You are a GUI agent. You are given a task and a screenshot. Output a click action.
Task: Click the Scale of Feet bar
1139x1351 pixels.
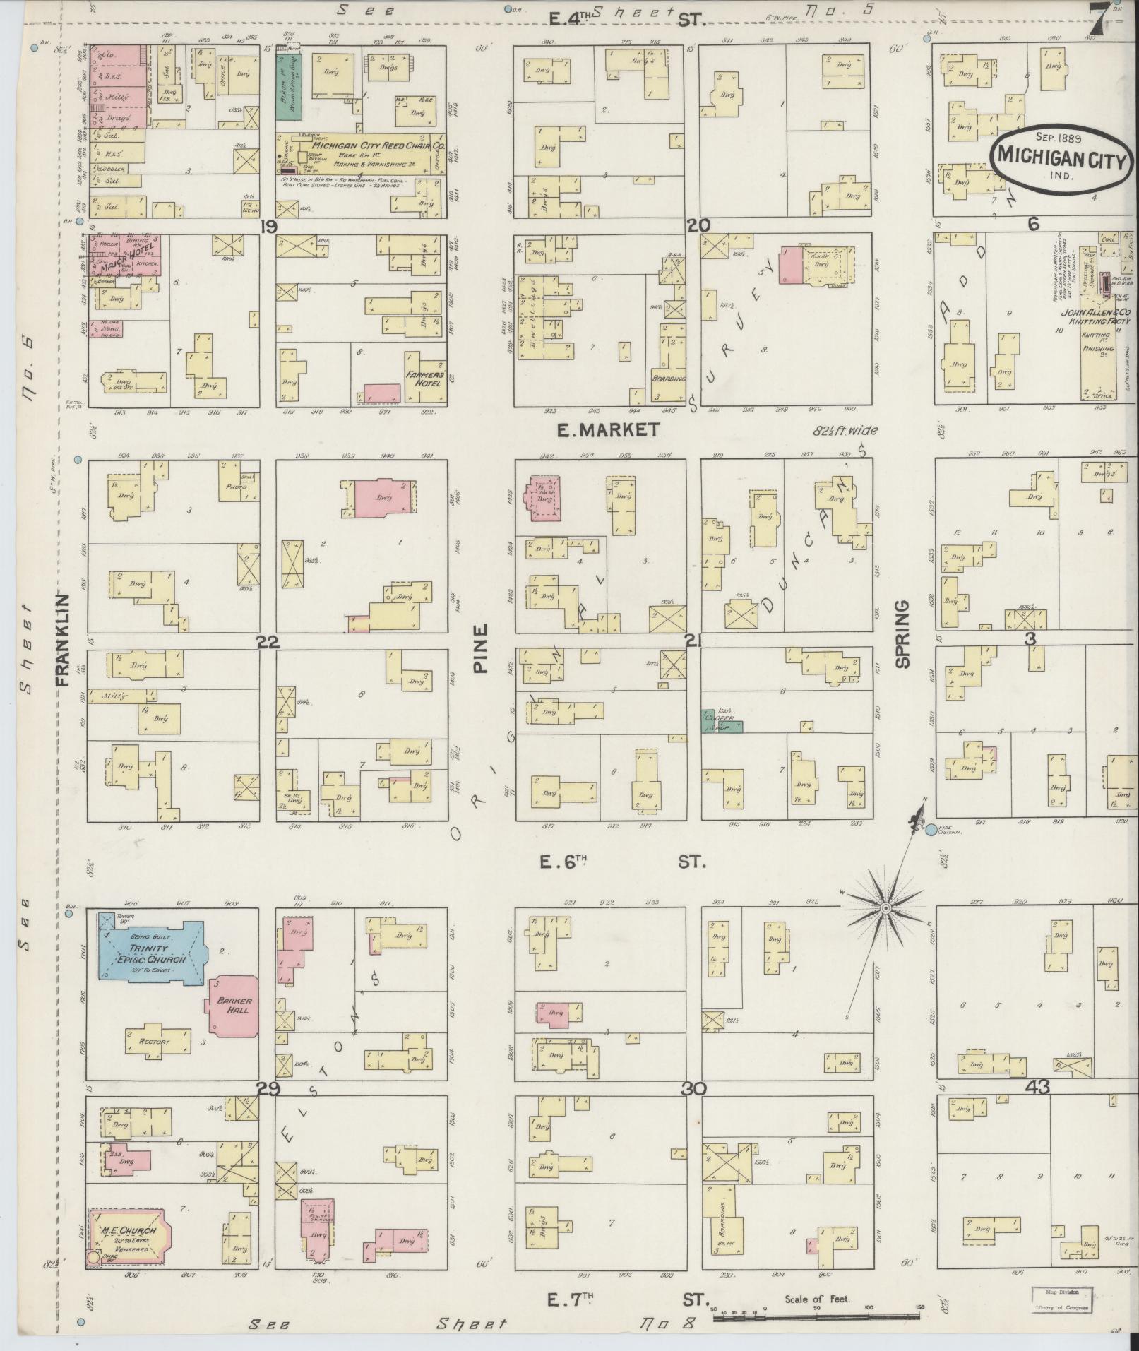click(816, 1318)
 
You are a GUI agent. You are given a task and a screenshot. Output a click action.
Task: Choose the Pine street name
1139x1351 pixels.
click(481, 648)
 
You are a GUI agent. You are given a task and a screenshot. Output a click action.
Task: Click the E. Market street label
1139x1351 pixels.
click(608, 429)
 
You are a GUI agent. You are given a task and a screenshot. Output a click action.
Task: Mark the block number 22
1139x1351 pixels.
click(268, 642)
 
